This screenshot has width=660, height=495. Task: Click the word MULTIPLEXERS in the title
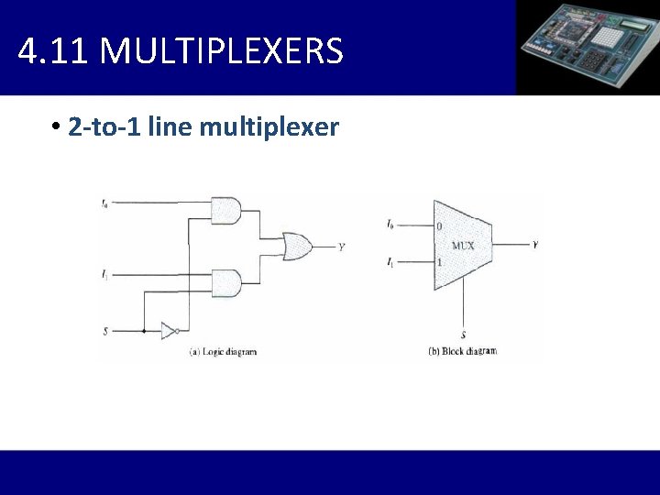click(221, 51)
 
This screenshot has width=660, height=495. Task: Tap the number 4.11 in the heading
click(51, 51)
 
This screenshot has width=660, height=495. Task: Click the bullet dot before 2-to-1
click(56, 126)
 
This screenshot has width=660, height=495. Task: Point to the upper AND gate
click(225, 210)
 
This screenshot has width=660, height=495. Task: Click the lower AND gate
click(225, 282)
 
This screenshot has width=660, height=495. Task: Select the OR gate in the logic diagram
click(296, 246)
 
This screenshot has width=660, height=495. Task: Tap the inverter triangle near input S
click(168, 330)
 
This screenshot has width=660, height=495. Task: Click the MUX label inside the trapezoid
click(463, 246)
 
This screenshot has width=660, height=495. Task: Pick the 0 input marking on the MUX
click(439, 226)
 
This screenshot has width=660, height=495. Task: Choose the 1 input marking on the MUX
click(439, 263)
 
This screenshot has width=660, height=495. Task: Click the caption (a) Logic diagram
click(223, 351)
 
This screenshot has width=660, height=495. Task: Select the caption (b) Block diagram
click(463, 351)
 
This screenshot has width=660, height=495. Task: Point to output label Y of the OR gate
click(341, 247)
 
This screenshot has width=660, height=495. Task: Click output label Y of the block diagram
click(535, 245)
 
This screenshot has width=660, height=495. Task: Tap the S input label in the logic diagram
click(105, 330)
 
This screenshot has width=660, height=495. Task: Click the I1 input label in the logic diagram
click(105, 273)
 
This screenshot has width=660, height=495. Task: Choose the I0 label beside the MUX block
click(390, 225)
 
